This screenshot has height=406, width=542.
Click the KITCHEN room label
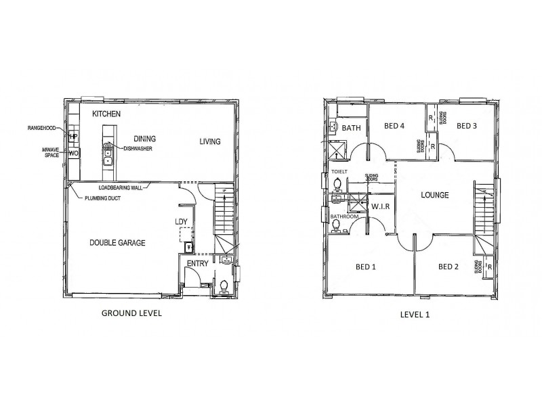pyautogui.click(x=106, y=114)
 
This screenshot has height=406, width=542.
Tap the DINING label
pyautogui.click(x=146, y=137)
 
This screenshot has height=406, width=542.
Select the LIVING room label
pyautogui.click(x=212, y=141)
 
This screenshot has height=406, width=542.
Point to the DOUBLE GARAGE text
pyautogui.click(x=117, y=242)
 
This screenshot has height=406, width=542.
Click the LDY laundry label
pyautogui.click(x=181, y=221)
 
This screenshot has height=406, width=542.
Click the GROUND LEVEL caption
pyautogui.click(x=131, y=313)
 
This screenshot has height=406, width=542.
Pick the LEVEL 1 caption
pyautogui.click(x=415, y=314)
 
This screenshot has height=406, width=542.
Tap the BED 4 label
pyautogui.click(x=394, y=126)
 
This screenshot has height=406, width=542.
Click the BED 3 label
pyautogui.click(x=467, y=126)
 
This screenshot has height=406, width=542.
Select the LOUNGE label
pyautogui.click(x=436, y=196)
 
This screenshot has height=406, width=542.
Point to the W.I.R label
pyautogui.click(x=380, y=206)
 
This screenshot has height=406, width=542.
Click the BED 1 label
pyautogui.click(x=366, y=267)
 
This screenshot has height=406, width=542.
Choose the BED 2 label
pyautogui.click(x=449, y=267)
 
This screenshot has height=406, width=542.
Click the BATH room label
pyautogui.click(x=351, y=128)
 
